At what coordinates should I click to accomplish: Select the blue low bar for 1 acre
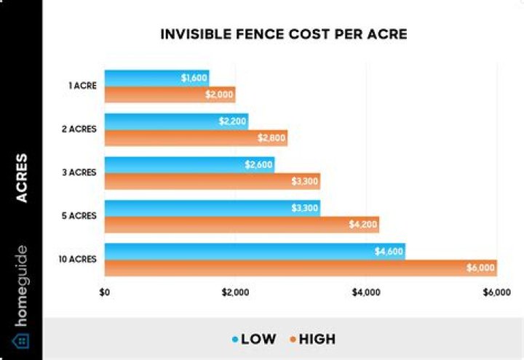(146, 78)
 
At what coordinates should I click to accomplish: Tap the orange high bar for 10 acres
(291, 268)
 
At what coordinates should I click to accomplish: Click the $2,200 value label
(233, 121)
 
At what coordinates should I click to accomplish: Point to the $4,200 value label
(364, 225)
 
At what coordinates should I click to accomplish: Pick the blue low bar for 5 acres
(204, 208)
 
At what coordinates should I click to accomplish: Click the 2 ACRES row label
(80, 129)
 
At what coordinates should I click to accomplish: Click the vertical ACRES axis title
(22, 178)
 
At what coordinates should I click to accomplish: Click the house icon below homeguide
(21, 340)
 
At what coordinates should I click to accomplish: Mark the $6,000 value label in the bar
(481, 268)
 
